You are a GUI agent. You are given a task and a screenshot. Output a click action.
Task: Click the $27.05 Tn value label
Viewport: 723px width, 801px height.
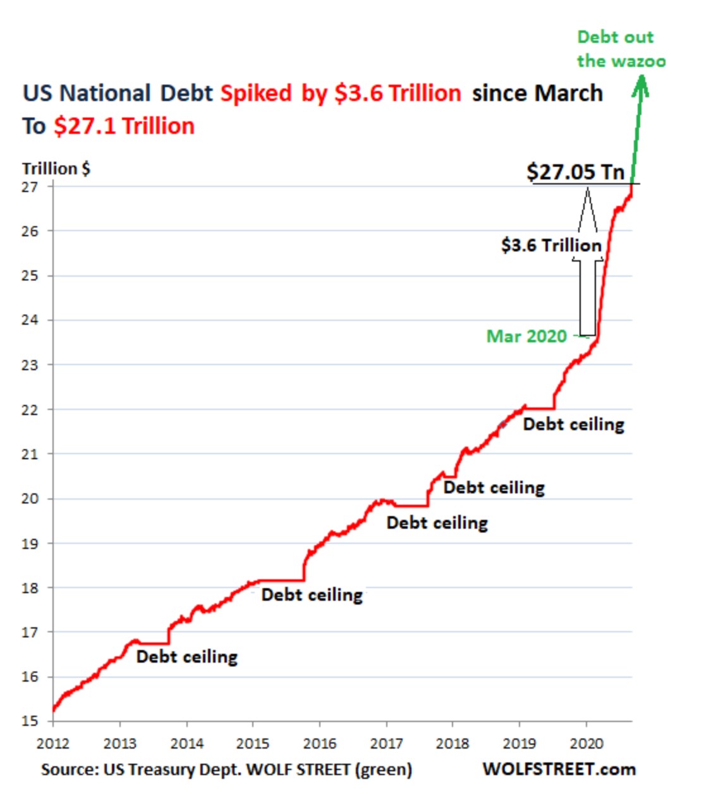coord(575,172)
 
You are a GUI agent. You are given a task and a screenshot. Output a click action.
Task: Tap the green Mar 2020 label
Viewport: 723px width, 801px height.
coord(526,336)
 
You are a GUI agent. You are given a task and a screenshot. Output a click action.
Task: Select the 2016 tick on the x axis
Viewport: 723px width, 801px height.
coord(320,744)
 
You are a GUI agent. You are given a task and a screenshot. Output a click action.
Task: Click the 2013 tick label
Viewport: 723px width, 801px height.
coord(120,744)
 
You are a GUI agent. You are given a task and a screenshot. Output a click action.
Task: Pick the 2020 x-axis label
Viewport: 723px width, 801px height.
coord(586,744)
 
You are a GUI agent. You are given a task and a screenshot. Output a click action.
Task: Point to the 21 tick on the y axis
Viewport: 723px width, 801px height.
coord(30,454)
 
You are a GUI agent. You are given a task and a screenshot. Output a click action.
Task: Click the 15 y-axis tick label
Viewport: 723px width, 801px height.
coord(30,721)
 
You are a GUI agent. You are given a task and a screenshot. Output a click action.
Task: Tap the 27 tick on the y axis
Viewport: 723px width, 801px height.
coord(30,187)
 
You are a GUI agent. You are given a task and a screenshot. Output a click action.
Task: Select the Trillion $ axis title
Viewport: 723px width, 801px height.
coord(56,169)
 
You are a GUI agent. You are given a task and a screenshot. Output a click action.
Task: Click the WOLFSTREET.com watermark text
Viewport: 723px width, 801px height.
coord(559,769)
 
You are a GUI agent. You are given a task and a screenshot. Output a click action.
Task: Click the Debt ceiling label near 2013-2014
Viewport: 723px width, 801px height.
coord(187,657)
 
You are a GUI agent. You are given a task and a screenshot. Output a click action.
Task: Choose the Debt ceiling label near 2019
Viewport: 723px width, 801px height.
coord(574,425)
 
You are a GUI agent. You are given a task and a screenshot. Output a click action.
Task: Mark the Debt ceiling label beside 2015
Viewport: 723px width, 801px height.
coord(312,595)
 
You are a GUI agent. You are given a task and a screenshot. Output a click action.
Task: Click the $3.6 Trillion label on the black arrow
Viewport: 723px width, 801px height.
coord(551,245)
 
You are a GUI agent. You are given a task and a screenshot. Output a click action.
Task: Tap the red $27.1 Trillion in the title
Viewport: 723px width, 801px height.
coord(124,126)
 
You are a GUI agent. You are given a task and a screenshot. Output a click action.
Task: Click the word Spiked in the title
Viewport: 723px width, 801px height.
coord(256,93)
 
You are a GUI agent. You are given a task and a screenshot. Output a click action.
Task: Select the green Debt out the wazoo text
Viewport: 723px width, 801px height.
coord(621,49)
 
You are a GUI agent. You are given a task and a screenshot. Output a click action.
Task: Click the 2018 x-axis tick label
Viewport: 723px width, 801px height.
coord(453,744)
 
